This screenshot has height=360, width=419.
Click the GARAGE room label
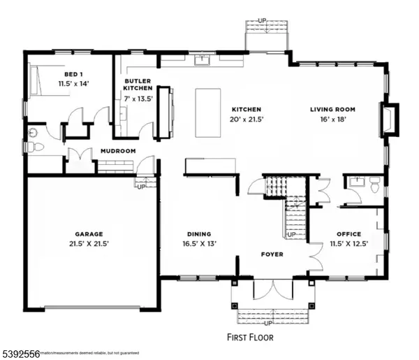pos(89,234)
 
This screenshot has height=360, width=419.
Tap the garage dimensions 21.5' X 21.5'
pos(89,244)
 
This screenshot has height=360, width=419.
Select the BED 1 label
pos(70,74)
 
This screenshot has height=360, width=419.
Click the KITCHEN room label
pos(247,110)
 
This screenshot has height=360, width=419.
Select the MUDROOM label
pos(117,151)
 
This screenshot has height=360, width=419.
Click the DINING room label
pos(199,234)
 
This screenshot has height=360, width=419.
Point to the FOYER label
pos(272,254)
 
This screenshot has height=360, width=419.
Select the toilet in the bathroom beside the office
pos(374,187)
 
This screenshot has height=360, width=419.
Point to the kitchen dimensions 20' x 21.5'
pos(247,120)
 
